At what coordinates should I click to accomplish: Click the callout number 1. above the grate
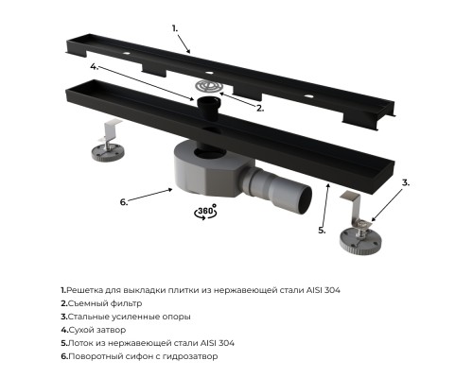click(175, 28)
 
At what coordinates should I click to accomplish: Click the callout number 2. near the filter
click(260, 109)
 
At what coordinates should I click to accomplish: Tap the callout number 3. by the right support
click(406, 182)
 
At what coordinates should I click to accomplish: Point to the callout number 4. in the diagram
click(95, 67)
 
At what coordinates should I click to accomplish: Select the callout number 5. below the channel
click(322, 231)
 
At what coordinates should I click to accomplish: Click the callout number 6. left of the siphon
click(124, 202)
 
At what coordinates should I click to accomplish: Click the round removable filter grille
click(207, 86)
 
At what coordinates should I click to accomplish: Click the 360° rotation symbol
click(205, 212)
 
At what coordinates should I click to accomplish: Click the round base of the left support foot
click(108, 153)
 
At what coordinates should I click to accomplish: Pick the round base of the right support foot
click(360, 240)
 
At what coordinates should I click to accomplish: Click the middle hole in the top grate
click(209, 73)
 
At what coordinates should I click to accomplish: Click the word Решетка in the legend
click(80, 290)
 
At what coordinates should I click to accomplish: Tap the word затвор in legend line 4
click(111, 330)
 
